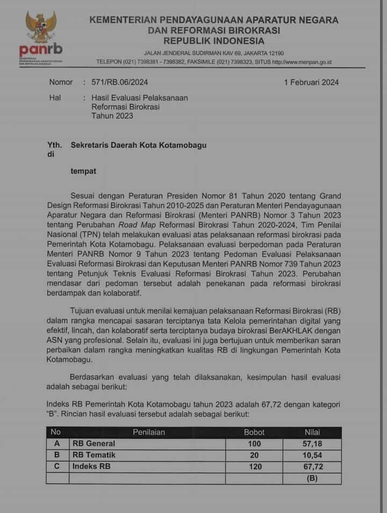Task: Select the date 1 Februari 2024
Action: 311,82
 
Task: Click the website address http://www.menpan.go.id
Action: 302,62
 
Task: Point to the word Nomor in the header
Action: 61,82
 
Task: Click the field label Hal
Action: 55,98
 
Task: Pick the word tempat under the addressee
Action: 84,171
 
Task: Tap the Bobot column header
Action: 254,432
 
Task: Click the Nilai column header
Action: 312,432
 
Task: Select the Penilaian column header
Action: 149,432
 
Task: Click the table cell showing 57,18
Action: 312,444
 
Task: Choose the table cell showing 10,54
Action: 312,455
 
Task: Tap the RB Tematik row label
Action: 94,455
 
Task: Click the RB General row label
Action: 94,444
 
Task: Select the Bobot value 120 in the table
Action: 254,467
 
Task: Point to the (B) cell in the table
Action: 312,478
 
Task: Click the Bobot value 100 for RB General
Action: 254,444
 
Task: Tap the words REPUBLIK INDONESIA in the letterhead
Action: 213,41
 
